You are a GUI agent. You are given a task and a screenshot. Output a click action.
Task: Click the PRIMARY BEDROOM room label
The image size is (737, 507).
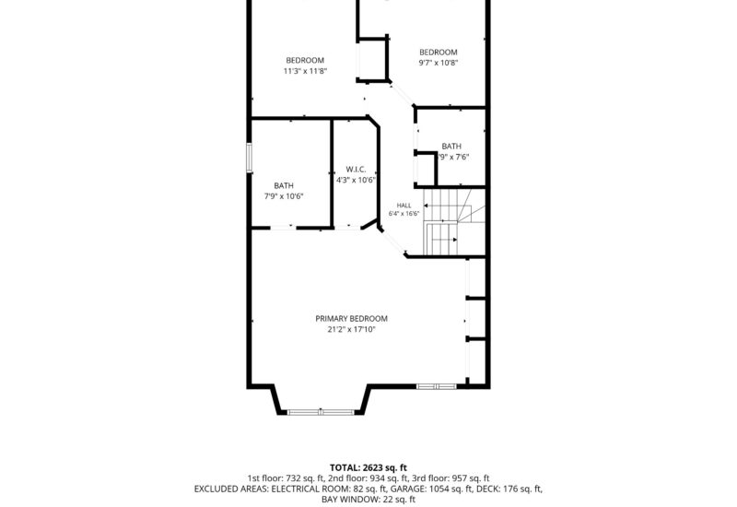[352, 318]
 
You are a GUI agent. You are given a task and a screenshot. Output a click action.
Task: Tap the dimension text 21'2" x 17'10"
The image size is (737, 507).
[352, 329]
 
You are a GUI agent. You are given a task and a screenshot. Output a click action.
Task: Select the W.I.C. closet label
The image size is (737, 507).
[356, 170]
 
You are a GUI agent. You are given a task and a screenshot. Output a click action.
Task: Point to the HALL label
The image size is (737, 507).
[404, 206]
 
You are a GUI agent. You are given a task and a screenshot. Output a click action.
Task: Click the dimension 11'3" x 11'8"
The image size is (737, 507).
[305, 71]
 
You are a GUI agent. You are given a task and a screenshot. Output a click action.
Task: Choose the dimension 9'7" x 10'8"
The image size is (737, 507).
[439, 63]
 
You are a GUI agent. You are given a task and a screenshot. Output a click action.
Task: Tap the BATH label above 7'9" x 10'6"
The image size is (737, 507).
[284, 185]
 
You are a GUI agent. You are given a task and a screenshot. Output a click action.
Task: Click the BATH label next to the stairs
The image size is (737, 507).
[451, 147]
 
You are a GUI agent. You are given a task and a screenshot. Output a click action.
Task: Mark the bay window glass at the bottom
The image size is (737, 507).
[321, 412]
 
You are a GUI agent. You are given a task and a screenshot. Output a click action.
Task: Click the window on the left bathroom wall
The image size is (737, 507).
[250, 158]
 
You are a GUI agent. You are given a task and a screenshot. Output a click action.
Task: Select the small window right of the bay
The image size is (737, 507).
[437, 386]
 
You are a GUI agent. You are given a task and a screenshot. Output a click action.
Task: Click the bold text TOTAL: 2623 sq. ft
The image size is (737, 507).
[368, 467]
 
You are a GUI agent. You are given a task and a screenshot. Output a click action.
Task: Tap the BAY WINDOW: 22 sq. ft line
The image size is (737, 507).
[368, 500]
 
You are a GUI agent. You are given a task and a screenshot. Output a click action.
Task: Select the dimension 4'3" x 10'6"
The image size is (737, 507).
[356, 180]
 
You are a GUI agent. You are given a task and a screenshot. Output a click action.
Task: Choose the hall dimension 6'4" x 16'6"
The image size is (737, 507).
[404, 214]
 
